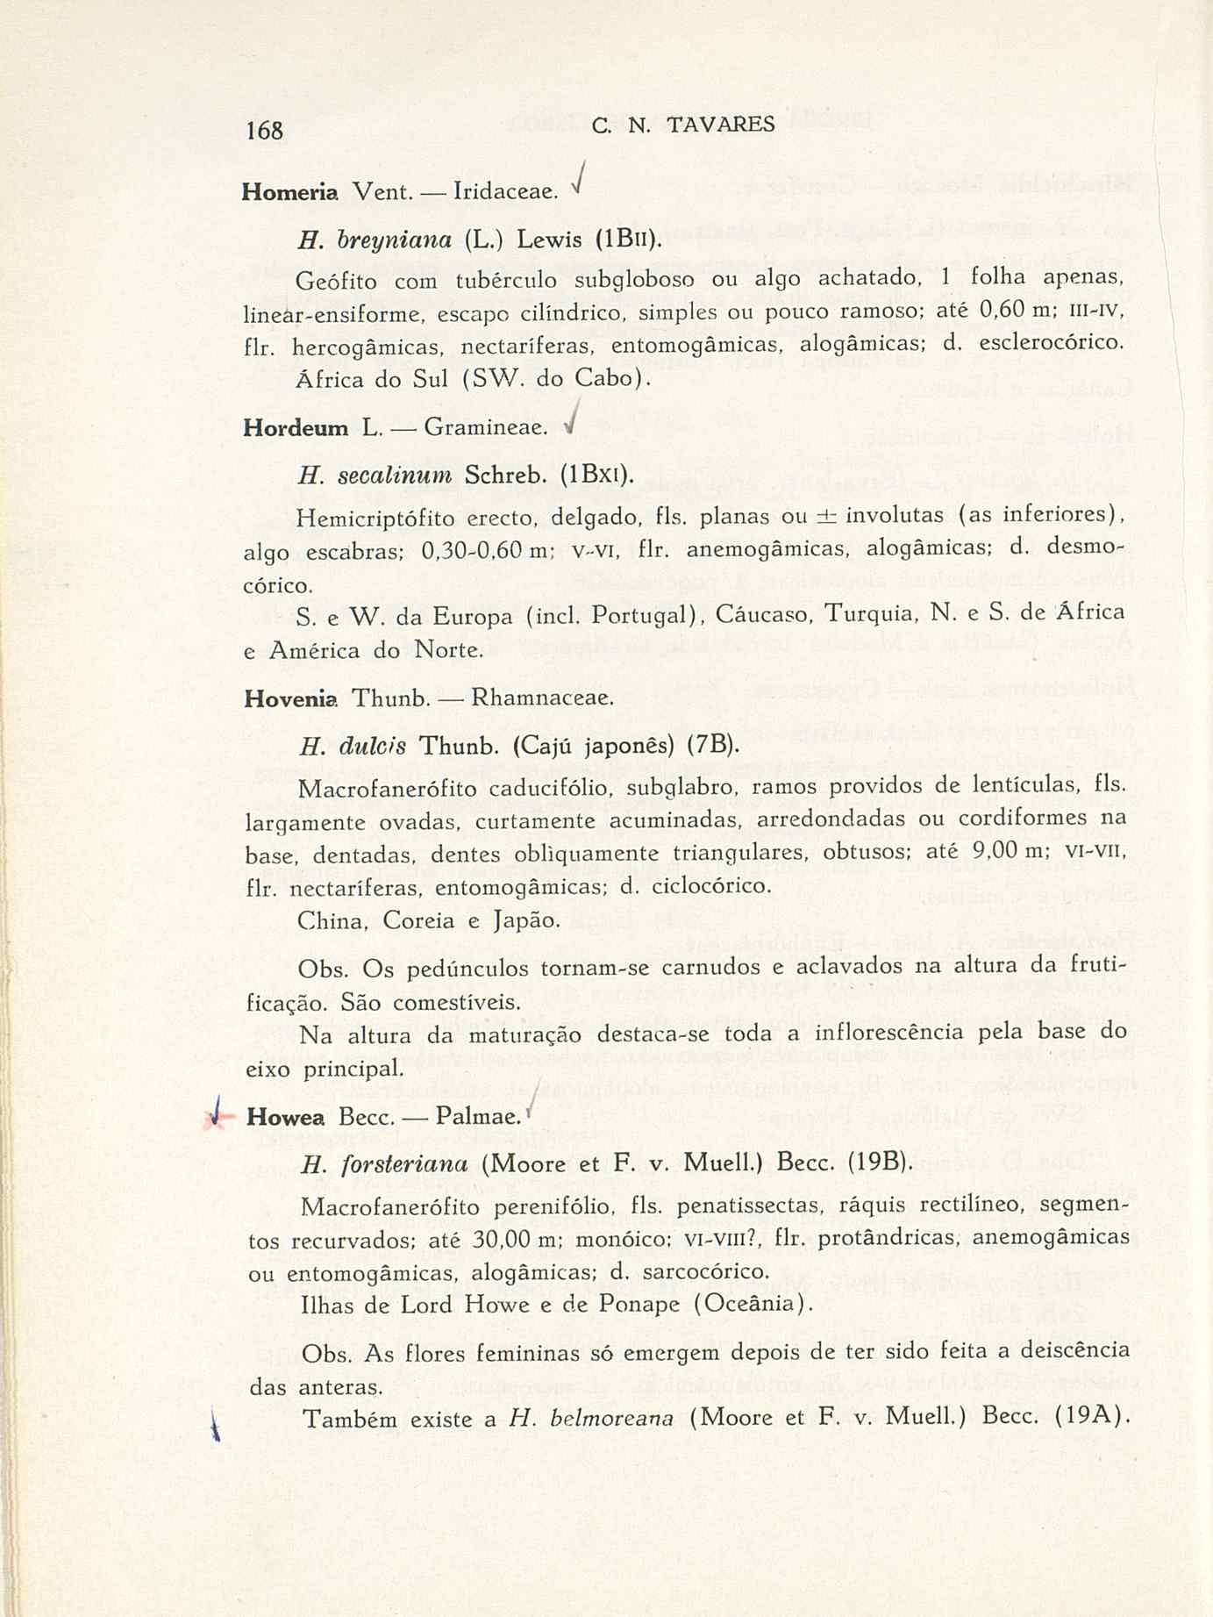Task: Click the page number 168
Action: click(x=264, y=130)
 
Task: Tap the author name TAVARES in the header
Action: click(x=721, y=125)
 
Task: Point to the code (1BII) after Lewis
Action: click(x=626, y=240)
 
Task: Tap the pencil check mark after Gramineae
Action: click(x=572, y=422)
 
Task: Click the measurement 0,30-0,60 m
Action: click(x=484, y=551)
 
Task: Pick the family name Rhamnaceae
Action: click(x=540, y=698)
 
